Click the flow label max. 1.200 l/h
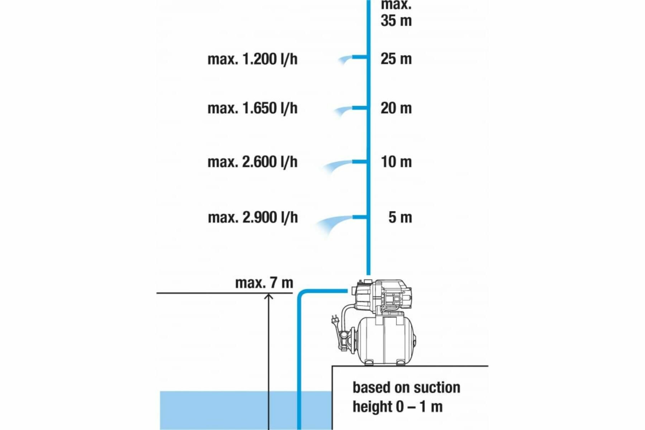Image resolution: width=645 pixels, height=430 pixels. (252, 59)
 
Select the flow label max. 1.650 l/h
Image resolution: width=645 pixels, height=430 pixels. (252, 108)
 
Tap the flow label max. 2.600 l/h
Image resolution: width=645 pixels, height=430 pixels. (252, 162)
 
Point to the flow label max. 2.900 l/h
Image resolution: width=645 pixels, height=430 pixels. (253, 218)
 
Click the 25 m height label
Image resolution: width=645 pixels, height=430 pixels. (396, 59)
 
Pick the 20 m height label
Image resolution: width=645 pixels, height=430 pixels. (396, 108)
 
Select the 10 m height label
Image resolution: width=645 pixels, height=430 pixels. (396, 162)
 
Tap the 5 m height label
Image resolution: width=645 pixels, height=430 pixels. (400, 218)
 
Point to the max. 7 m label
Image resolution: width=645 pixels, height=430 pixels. (264, 283)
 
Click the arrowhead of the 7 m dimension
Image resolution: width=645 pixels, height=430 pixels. (269, 296)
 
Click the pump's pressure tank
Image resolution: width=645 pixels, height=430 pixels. (385, 340)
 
